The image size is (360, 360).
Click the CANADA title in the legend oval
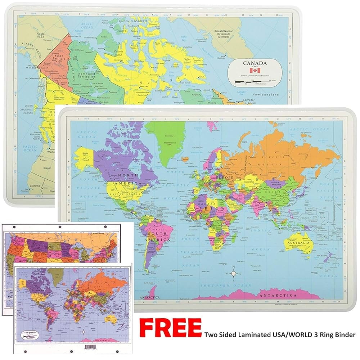[x=255, y=63]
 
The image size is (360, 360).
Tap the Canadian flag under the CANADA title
[x=255, y=70]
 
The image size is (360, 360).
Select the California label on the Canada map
[x=35, y=186]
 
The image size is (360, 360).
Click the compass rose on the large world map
[x=233, y=273]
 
